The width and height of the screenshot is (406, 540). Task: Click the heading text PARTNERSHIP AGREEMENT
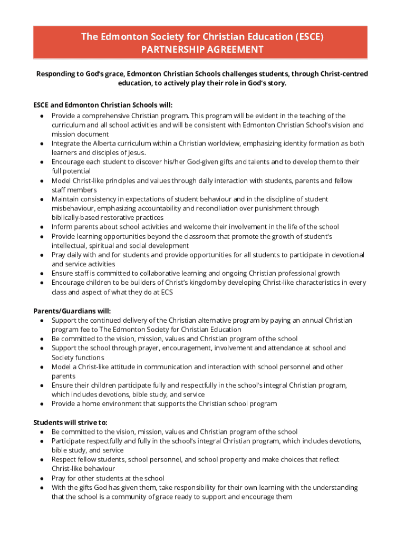[202, 50]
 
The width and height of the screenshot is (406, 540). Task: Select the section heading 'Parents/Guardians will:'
[72, 311]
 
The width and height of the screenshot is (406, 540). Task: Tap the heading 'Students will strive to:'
[70, 422]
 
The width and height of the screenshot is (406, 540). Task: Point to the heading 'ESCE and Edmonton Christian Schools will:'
[103, 105]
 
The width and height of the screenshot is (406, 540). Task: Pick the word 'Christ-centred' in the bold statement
[344, 74]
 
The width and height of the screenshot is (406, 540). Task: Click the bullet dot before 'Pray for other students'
[41, 478]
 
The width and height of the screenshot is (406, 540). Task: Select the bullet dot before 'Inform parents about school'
[41, 227]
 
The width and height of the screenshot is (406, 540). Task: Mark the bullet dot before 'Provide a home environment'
[41, 404]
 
